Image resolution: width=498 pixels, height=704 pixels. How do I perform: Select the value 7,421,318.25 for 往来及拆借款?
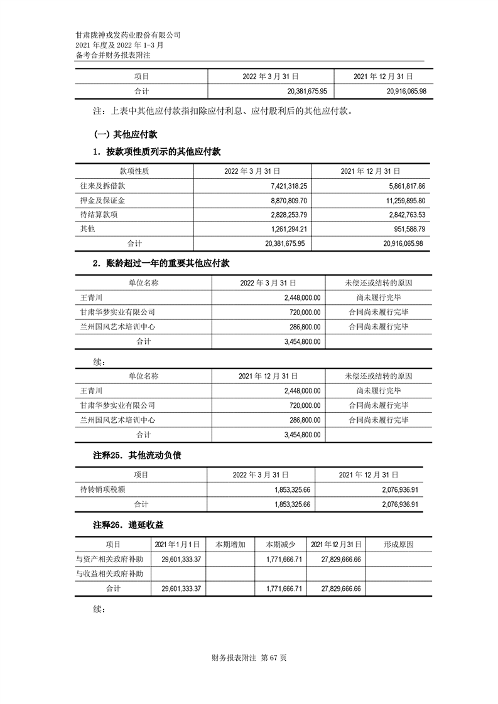[281, 186]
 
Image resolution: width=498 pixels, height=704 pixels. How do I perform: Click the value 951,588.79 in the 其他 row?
[404, 229]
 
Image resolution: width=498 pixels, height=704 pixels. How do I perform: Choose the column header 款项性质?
[134, 171]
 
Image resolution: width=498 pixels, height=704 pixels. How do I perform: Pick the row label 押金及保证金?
[99, 201]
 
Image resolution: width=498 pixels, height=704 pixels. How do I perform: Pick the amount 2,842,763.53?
[400, 215]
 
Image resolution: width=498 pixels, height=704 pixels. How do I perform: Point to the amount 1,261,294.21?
[281, 229]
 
